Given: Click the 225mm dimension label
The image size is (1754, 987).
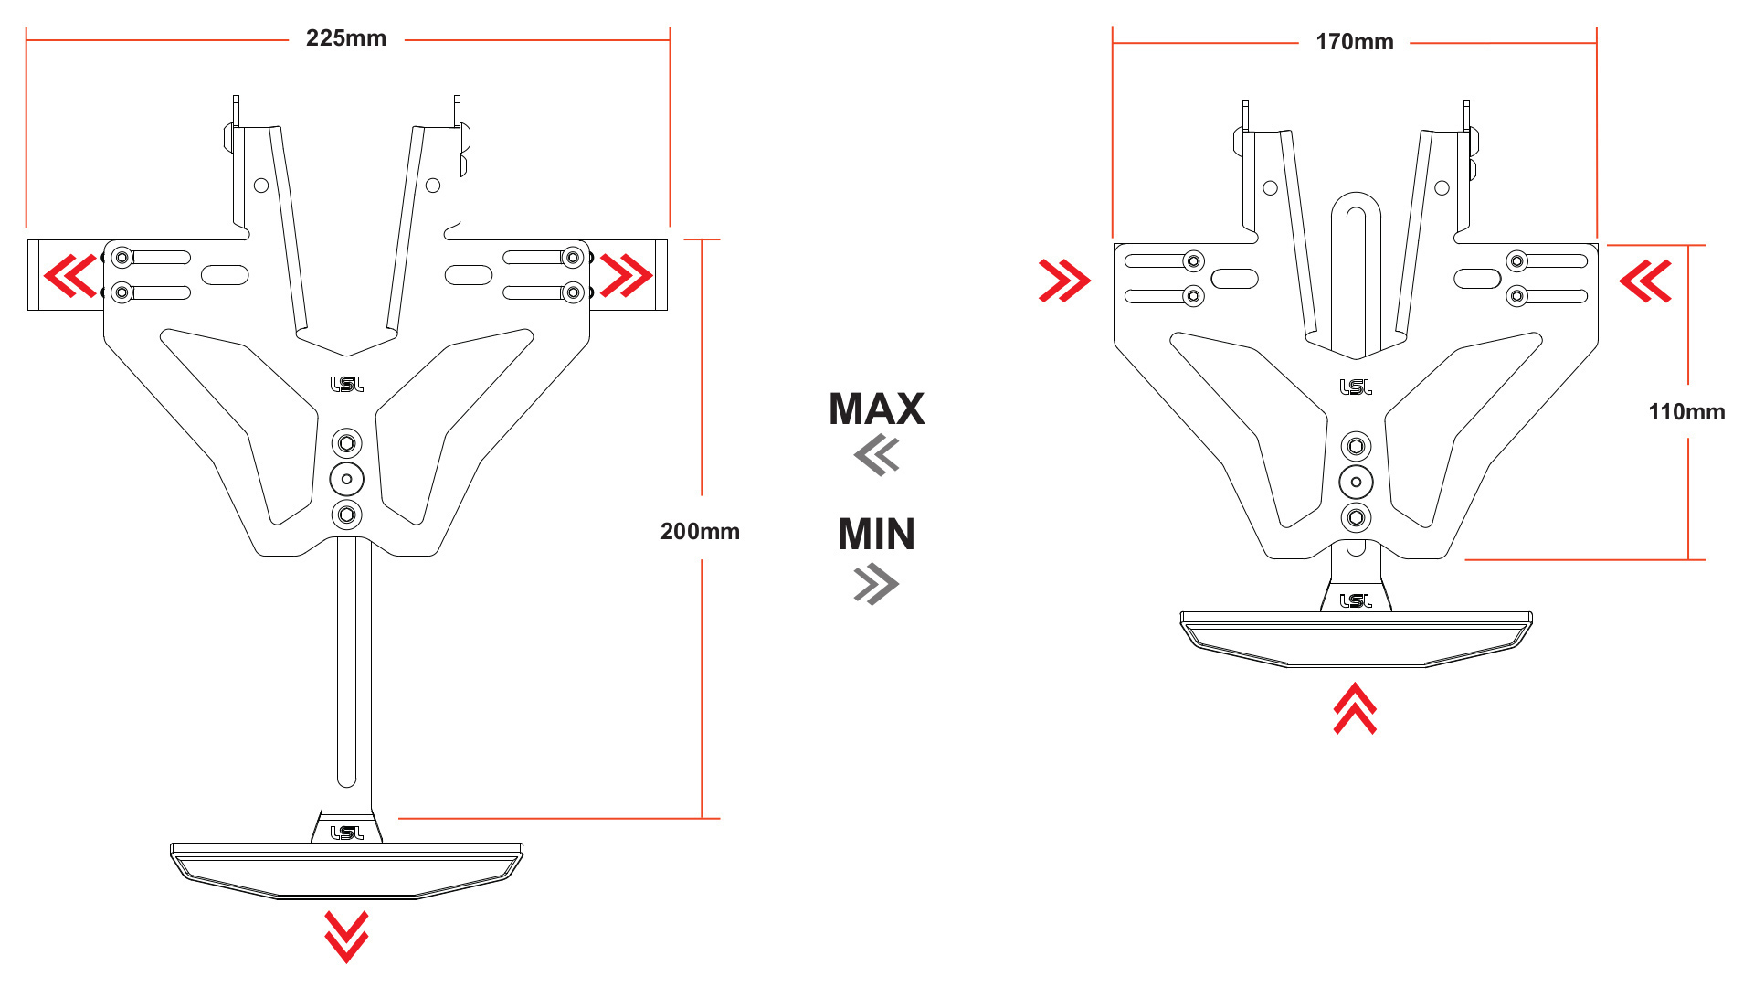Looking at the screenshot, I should point(345,38).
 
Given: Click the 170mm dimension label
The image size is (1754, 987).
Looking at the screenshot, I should point(1354,42).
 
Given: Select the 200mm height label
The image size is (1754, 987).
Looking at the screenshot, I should point(700,531).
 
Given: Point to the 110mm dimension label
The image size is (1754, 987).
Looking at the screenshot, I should point(1686,412).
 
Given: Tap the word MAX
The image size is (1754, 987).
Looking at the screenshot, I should point(876,409).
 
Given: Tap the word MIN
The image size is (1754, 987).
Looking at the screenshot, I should point(876,535).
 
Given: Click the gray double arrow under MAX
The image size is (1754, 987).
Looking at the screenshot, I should point(877,455).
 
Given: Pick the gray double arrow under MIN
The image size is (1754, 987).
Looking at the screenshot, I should point(876,584).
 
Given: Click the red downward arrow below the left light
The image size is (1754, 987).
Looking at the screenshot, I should point(346,936).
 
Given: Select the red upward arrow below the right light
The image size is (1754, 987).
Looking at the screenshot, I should point(1355,709).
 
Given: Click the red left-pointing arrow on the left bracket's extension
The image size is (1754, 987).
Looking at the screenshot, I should point(70,275).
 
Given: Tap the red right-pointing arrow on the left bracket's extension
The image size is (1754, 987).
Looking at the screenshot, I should point(627,275).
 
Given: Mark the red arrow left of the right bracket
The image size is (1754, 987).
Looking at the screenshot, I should point(1064,281).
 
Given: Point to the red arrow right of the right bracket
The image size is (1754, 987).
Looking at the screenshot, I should point(1645,281).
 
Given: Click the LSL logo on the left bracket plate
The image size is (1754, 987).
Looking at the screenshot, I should point(346,385).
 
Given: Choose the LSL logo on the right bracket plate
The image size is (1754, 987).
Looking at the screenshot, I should point(1356,387).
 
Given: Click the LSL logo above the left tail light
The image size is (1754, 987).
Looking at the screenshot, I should point(346,833).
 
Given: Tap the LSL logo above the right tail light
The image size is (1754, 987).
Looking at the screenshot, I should point(1356,600).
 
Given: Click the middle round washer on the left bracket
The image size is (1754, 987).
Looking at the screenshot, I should point(346,479).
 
